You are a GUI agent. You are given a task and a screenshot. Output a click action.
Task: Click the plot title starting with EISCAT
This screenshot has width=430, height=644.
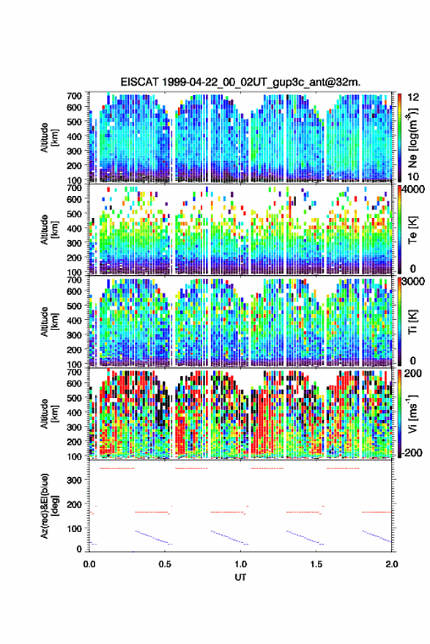click(240, 82)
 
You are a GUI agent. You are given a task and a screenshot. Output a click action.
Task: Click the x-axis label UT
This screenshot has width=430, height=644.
click(240, 577)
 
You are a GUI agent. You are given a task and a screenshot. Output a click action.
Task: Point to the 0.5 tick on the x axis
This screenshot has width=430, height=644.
click(165, 564)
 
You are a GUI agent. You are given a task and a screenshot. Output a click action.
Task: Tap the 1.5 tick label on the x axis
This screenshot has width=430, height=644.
click(316, 564)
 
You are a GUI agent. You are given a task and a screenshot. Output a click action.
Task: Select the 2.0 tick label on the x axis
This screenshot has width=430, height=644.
click(392, 564)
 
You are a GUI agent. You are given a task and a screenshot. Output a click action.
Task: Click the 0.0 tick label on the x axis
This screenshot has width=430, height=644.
click(89, 564)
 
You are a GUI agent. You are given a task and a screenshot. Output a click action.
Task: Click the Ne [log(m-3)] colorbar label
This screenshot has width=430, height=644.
click(412, 138)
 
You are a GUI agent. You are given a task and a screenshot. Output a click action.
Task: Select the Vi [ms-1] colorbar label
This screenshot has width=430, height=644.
click(412, 413)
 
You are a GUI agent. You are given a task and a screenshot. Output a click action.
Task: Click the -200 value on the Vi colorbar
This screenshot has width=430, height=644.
click(412, 453)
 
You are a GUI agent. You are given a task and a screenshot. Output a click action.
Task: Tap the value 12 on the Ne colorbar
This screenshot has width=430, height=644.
click(412, 97)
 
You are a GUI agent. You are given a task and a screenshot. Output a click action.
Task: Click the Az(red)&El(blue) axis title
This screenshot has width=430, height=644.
click(49, 506)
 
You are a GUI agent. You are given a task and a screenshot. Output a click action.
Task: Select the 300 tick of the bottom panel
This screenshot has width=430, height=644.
click(74, 481)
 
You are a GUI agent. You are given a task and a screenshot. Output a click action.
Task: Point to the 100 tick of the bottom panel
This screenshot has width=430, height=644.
click(74, 528)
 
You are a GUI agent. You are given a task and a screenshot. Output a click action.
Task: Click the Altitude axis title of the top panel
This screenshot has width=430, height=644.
click(49, 138)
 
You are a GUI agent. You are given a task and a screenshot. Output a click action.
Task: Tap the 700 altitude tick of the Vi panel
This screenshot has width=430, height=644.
click(74, 372)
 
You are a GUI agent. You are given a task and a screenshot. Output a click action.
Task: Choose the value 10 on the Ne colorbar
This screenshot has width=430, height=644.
click(412, 176)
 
